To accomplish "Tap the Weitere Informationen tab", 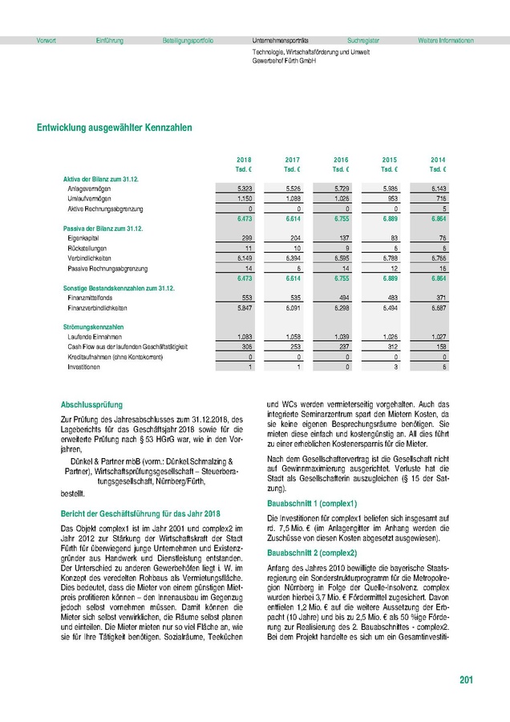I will click(x=445, y=40).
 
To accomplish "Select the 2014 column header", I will click(x=437, y=160).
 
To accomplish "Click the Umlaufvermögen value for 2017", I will click(x=293, y=198).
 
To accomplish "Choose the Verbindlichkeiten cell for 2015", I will click(x=387, y=259).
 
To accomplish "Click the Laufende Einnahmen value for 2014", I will click(x=436, y=337).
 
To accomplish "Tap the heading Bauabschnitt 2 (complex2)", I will click(x=311, y=554).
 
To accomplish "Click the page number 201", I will click(x=466, y=680).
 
